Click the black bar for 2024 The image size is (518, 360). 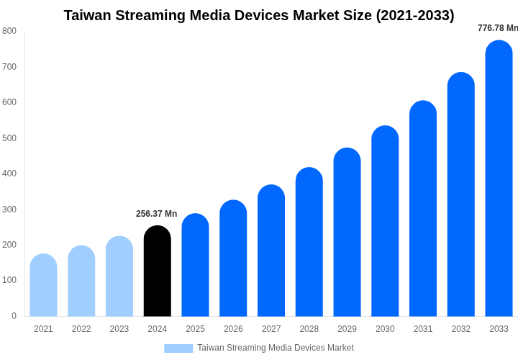click(157, 271)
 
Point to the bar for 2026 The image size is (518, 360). click(233, 258)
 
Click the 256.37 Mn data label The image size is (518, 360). click(156, 214)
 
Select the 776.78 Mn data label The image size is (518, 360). click(497, 28)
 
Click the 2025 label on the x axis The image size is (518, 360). click(195, 329)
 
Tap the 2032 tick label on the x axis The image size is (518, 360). click(461, 329)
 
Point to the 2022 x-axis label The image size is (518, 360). click(81, 329)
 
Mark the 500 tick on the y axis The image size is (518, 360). click(9, 138)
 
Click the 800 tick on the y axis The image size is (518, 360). click(9, 31)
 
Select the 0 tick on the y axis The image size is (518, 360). click(14, 316)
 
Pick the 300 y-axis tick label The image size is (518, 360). click(9, 210)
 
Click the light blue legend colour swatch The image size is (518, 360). click(178, 348)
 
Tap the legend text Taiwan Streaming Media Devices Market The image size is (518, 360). click(276, 348)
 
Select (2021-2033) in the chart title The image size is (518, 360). click(415, 15)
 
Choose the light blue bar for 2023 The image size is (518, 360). click(119, 276)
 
